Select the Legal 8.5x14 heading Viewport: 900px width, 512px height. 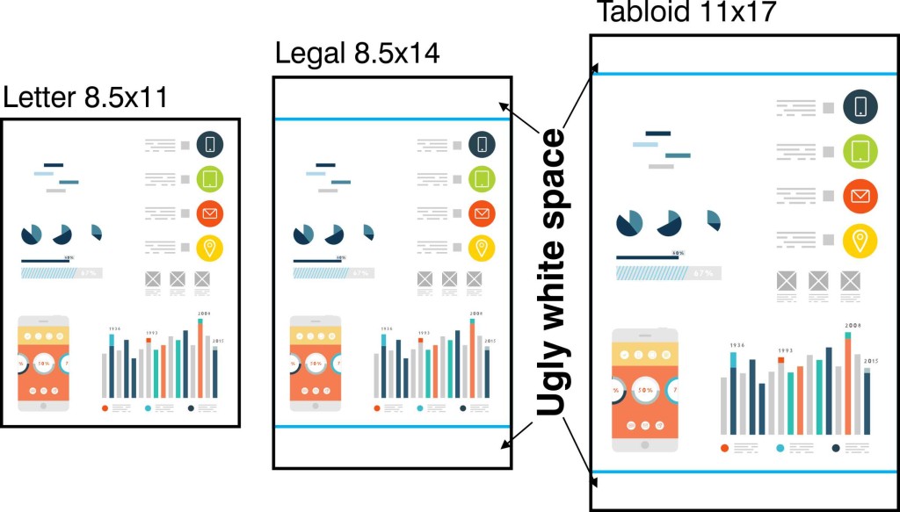click(357, 54)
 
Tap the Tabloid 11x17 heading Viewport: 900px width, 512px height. click(686, 12)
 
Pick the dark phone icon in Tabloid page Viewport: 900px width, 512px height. click(861, 107)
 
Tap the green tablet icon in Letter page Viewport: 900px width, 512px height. click(210, 179)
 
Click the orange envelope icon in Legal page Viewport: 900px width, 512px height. click(481, 213)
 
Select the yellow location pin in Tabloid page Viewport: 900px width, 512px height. click(861, 239)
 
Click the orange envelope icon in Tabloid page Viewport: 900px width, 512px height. click(861, 195)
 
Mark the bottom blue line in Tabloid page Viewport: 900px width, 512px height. click(744, 472)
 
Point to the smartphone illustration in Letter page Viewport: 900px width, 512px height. click(43, 363)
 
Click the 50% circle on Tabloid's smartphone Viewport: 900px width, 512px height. click(646, 388)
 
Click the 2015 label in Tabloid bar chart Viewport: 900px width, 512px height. click(870, 361)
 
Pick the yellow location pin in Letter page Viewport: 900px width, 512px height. click(210, 249)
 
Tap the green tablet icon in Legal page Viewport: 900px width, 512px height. click(481, 179)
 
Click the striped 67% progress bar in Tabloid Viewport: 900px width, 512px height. click(666, 273)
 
